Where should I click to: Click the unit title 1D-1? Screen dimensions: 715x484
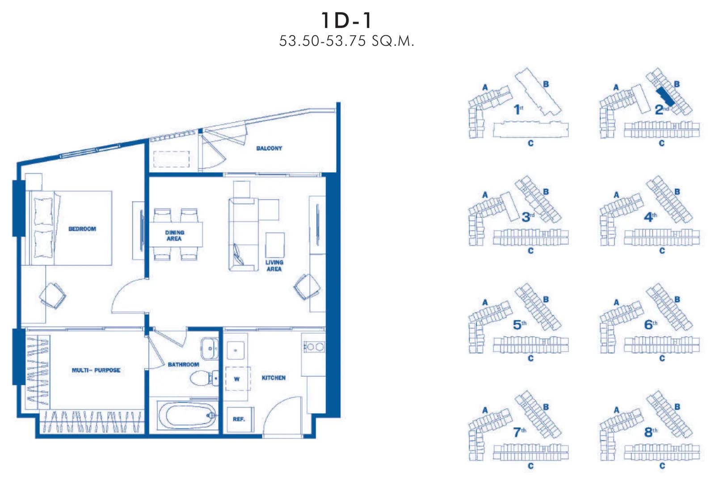[x=346, y=20]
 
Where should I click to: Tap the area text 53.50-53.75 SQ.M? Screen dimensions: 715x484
[x=347, y=41]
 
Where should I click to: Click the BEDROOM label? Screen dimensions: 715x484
[x=82, y=229]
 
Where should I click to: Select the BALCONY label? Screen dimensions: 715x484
[x=269, y=148]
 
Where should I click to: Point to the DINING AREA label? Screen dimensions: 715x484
[x=174, y=236]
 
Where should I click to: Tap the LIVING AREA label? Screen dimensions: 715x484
[x=274, y=265]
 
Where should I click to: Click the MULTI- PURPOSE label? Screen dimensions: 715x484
[x=96, y=370]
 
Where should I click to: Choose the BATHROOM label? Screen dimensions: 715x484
[x=183, y=364]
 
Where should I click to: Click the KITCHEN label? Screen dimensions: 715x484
[x=273, y=378]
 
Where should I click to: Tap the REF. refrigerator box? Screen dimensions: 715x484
[x=239, y=419]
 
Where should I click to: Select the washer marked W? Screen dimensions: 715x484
[x=237, y=379]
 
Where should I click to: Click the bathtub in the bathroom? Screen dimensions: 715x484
[x=187, y=416]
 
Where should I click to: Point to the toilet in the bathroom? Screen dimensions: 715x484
[x=204, y=379]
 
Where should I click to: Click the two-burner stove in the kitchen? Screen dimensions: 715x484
[x=314, y=347]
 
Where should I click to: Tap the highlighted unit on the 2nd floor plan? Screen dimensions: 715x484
[x=665, y=97]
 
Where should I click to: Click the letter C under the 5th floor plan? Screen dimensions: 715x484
[x=530, y=358]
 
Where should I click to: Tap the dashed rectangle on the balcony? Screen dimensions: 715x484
[x=172, y=159]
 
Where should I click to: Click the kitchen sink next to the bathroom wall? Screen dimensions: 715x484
[x=236, y=350]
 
